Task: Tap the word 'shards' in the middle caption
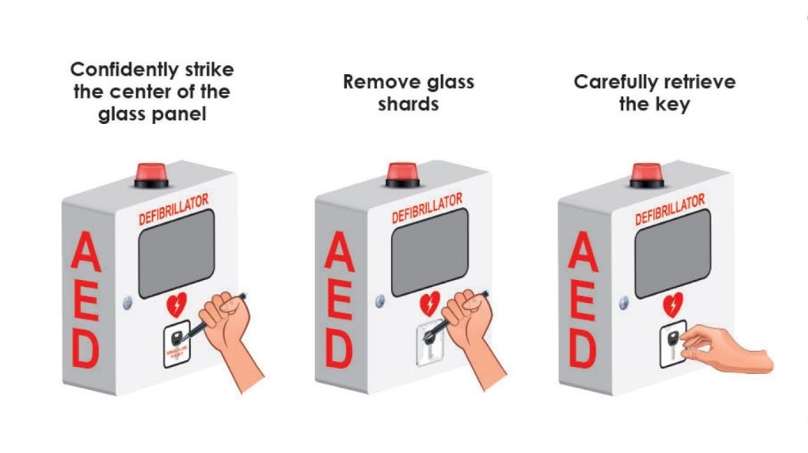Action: pos(409,104)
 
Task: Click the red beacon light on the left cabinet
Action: pos(151,172)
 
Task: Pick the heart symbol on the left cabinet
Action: pos(177,305)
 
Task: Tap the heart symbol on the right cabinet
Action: pos(672,305)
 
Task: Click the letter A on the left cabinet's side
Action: pos(87,256)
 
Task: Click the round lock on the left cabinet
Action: pos(127,303)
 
